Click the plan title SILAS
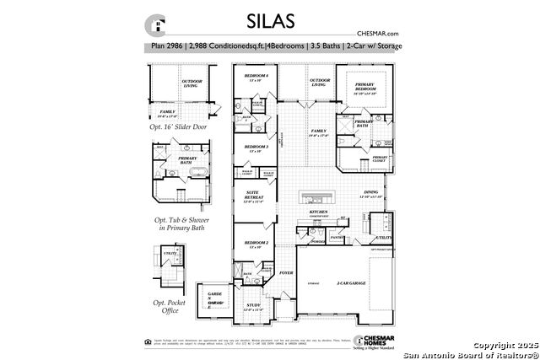tap(270, 21)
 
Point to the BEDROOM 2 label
tap(256, 243)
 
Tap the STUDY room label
tap(253, 306)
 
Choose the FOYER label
tap(286, 273)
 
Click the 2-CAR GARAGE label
tap(353, 283)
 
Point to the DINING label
tap(371, 193)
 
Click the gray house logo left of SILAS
tap(155, 23)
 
